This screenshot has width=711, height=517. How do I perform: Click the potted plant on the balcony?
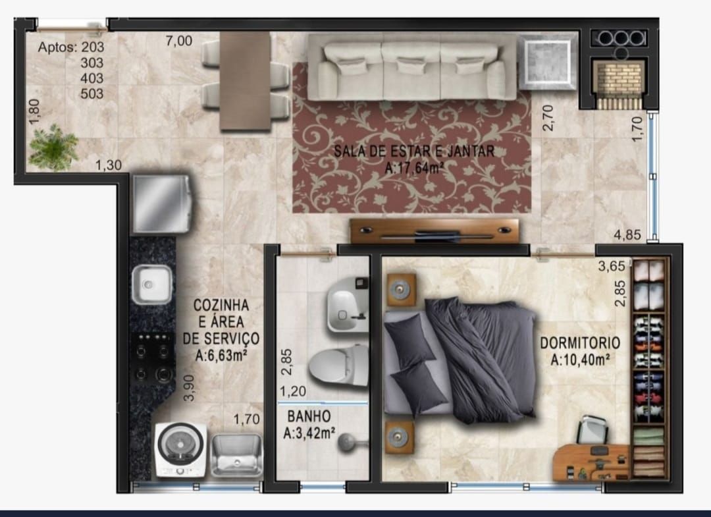point(53,148)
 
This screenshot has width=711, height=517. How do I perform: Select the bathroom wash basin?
point(347,311)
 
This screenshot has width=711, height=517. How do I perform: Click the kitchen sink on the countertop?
point(152,284)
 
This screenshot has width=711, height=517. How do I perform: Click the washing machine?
point(180,449)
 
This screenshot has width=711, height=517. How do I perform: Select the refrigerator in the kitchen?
point(161,204)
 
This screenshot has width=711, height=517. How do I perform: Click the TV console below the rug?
point(434,231)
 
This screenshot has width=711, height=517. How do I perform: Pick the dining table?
point(245,80)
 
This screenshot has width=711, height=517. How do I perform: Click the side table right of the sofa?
point(547,62)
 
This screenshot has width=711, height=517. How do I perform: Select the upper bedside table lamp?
point(401,290)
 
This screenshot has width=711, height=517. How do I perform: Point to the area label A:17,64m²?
point(414,169)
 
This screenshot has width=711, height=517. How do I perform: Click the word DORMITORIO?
point(579,343)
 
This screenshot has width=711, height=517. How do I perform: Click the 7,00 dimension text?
point(179,41)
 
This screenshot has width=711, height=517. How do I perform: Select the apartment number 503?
point(92,94)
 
